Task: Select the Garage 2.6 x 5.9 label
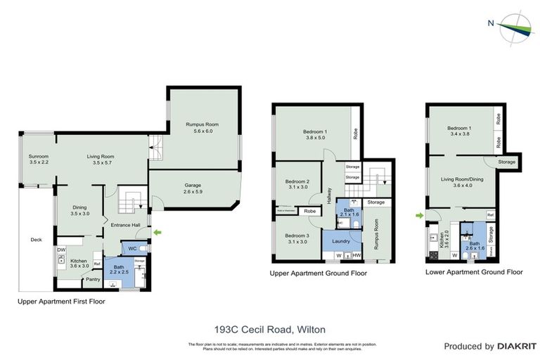point(198,188)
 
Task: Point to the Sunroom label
point(38,159)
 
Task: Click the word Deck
point(36,240)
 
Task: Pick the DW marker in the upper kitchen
point(62,250)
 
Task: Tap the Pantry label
point(92,279)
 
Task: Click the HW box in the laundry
point(356,255)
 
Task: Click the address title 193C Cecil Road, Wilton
point(270,328)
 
